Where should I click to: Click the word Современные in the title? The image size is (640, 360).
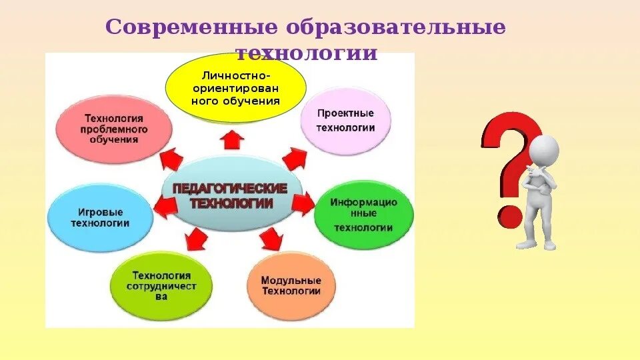coord(191,29)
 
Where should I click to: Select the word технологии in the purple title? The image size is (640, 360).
coord(307,53)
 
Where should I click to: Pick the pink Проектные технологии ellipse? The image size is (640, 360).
coord(345,121)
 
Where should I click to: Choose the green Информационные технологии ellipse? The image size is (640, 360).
coord(363,214)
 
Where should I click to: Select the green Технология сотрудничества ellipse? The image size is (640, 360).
coord(161,285)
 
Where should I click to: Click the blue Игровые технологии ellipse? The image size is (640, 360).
coord(100,217)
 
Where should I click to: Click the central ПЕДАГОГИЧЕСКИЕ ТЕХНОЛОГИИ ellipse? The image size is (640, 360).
coord(231,195)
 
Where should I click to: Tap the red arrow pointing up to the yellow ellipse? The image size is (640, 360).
coord(232,138)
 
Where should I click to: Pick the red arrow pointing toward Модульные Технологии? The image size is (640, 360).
coord(270,238)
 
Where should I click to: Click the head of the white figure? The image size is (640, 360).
coord(546,147)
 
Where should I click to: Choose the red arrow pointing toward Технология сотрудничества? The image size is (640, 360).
coord(198,238)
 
